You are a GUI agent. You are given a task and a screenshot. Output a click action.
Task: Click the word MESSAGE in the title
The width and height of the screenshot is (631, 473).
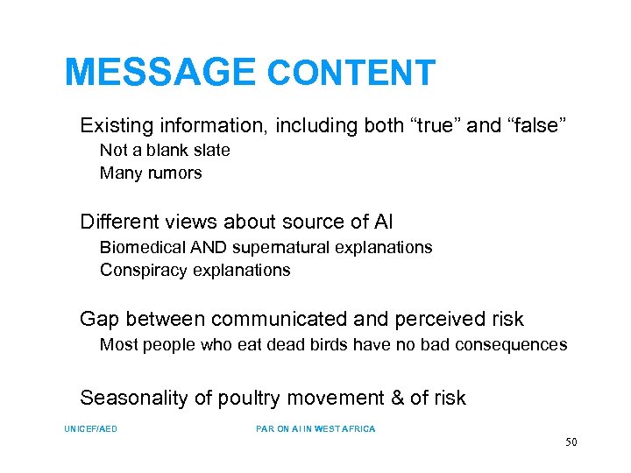(160, 73)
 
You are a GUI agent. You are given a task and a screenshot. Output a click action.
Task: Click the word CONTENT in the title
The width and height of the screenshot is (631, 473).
(351, 74)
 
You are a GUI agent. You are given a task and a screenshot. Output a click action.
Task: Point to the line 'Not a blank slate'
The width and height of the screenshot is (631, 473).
(165, 151)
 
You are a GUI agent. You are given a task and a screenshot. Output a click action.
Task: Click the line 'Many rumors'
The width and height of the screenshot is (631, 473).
(151, 173)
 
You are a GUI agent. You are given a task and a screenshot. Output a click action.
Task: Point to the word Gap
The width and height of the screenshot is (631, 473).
(97, 320)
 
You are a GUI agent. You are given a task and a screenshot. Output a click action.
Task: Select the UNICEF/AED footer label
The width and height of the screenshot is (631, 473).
(90, 429)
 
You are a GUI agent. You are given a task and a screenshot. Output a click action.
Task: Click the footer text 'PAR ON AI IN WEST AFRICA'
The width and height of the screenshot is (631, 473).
(315, 429)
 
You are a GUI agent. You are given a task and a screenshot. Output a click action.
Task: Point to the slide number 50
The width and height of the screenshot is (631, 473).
(571, 442)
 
